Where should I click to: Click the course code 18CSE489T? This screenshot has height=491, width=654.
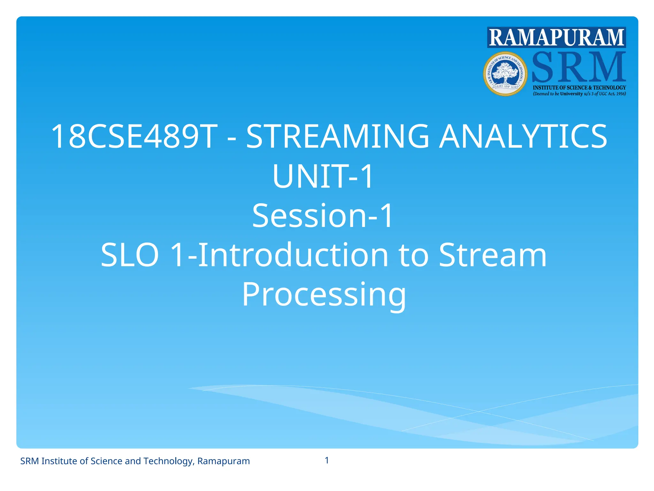[134, 136]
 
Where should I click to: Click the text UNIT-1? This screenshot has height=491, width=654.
[323, 176]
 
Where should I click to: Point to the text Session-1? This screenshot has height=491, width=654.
[323, 216]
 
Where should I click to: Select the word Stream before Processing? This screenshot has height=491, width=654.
[493, 255]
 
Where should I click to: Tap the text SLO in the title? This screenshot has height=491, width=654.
[130, 255]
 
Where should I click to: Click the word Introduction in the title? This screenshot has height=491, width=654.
[293, 255]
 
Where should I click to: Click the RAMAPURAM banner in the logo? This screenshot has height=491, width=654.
[556, 38]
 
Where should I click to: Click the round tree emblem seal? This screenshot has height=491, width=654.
[505, 74]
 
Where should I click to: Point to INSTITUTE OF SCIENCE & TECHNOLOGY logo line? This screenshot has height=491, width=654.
[579, 88]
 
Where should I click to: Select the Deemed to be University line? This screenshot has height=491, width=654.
[579, 94]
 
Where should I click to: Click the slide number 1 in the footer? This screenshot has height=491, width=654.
[327, 460]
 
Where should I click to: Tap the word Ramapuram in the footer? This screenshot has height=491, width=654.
[224, 461]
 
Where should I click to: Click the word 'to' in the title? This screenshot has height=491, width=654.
[414, 255]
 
